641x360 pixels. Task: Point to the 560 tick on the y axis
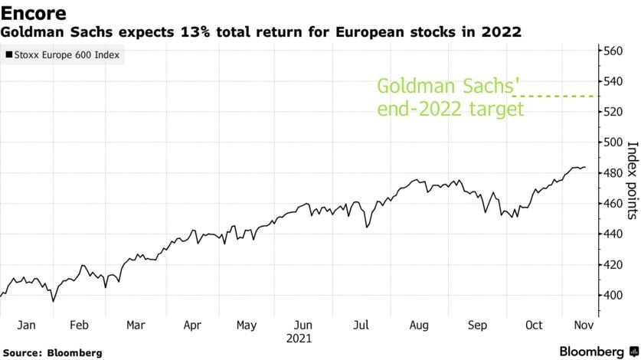click(613, 51)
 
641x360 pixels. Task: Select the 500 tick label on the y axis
click(613, 142)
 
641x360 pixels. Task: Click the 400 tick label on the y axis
click(613, 295)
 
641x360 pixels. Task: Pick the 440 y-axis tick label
click(613, 234)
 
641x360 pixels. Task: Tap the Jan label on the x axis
click(26, 325)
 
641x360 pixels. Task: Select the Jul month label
click(360, 325)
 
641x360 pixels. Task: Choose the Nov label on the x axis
click(584, 325)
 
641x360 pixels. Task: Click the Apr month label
click(191, 325)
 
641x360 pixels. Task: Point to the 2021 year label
click(299, 337)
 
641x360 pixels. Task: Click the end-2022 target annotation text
click(450, 109)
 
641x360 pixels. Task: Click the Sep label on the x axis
click(477, 325)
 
